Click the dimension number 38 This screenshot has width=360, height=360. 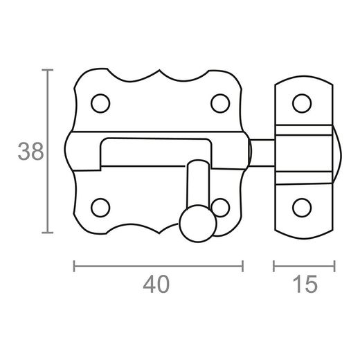[x=30, y=151]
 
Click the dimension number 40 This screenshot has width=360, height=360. [x=156, y=284]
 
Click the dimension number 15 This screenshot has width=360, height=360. [x=305, y=284]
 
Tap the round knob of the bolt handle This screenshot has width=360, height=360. [x=198, y=224]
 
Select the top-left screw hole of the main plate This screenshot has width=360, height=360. [x=100, y=103]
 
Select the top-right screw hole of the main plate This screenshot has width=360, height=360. [x=220, y=103]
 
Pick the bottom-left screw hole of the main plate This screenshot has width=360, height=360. [x=100, y=208]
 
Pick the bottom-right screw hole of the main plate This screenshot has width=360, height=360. [x=221, y=208]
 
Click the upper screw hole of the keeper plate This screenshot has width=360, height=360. [x=302, y=103]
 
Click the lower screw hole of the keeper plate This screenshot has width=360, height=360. [x=302, y=208]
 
